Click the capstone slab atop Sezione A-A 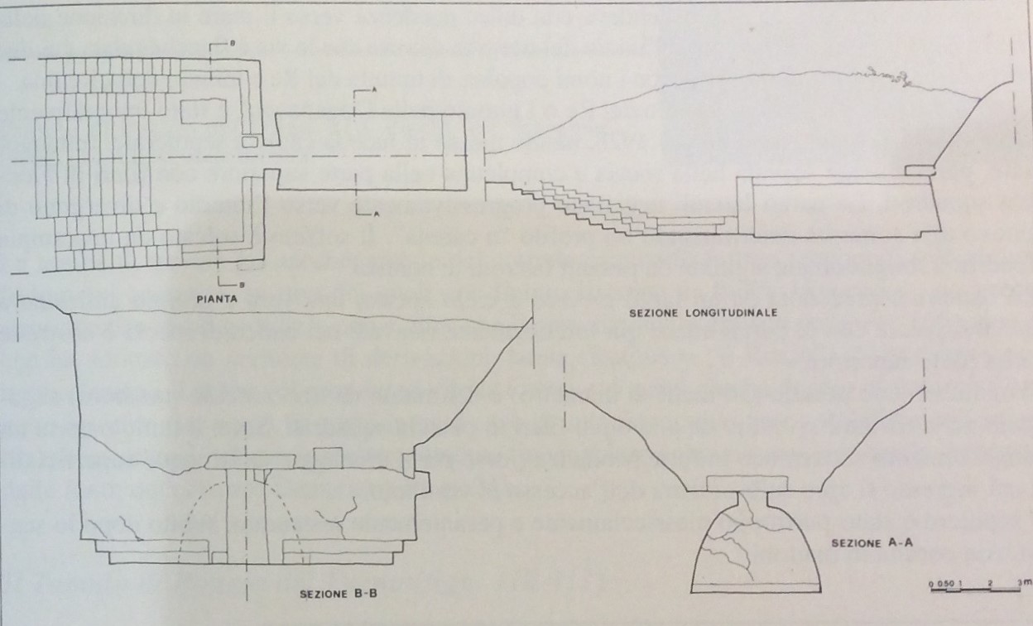[747, 484]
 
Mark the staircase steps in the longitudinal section [613, 207]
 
